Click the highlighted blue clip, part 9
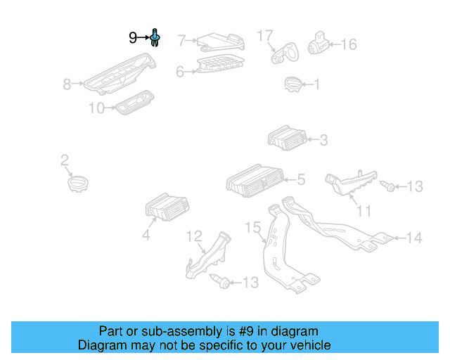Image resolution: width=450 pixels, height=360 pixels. point(155,37)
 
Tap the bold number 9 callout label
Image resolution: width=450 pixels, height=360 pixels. point(133,38)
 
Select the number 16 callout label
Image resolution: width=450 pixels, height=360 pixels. point(348,44)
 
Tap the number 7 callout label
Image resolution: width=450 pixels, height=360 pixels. point(181,40)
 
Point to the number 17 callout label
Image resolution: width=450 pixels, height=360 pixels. point(264,35)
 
